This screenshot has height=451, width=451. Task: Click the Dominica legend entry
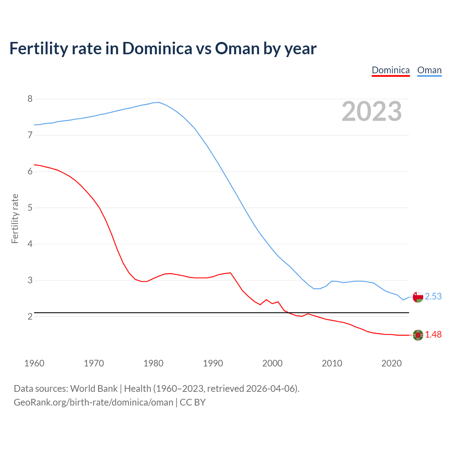[391, 70]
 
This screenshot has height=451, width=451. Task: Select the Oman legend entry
[429, 70]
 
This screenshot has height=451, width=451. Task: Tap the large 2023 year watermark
[372, 111]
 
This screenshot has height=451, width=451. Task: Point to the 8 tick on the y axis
[30, 99]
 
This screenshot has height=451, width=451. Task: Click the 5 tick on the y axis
[30, 208]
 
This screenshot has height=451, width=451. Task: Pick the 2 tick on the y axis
[30, 316]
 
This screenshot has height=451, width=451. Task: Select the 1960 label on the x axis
[34, 363]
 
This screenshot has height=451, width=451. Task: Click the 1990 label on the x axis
[213, 363]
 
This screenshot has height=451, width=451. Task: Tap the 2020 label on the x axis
[391, 363]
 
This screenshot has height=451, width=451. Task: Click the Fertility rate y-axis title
[15, 218]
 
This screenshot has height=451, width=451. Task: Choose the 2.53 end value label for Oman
[433, 297]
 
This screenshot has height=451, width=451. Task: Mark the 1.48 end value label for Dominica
[433, 335]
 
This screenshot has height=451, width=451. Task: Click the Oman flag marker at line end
[418, 297]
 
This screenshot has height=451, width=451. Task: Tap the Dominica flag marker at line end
[418, 335]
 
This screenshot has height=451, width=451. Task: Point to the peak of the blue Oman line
[159, 103]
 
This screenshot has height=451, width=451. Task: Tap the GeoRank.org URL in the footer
[93, 402]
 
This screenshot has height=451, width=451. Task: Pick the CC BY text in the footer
[193, 402]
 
